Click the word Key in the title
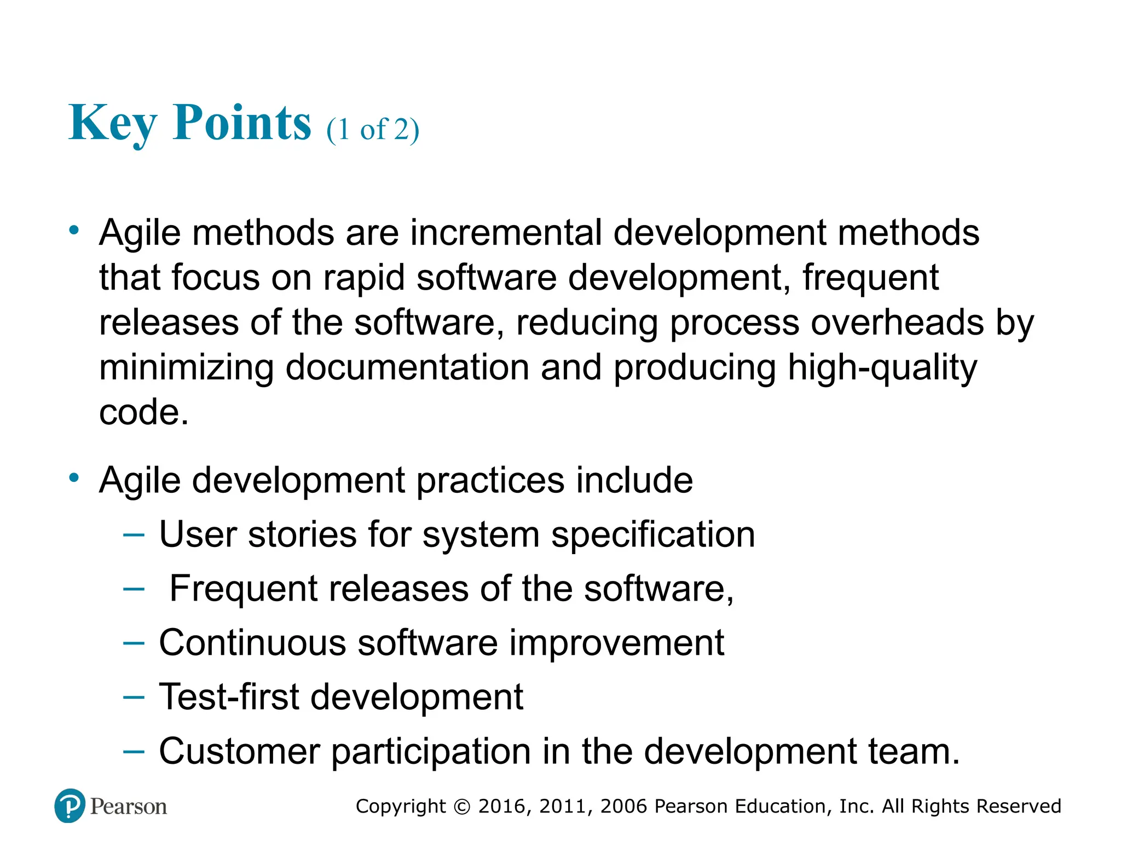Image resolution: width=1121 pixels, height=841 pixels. [x=112, y=123]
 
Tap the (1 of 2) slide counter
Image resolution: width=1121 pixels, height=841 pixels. [x=373, y=130]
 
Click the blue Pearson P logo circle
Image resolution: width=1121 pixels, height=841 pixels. [x=70, y=805]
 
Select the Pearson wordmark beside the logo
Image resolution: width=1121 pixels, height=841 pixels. [x=129, y=807]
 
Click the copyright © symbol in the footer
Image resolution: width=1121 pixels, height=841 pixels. [x=462, y=807]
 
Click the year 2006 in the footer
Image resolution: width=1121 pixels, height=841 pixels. [x=624, y=807]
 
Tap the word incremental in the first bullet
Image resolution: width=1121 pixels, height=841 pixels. [x=506, y=233]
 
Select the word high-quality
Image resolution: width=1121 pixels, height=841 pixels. [x=882, y=367]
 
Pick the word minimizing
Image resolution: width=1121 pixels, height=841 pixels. [x=186, y=367]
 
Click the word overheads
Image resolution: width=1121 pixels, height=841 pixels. [x=897, y=322]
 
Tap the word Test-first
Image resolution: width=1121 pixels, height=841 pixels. [x=229, y=697]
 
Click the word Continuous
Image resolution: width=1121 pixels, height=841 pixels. [x=252, y=643]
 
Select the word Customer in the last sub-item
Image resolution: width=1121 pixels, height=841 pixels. [x=239, y=751]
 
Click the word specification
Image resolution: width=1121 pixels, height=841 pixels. [x=653, y=534]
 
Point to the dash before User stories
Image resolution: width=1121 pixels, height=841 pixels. [x=134, y=534]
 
